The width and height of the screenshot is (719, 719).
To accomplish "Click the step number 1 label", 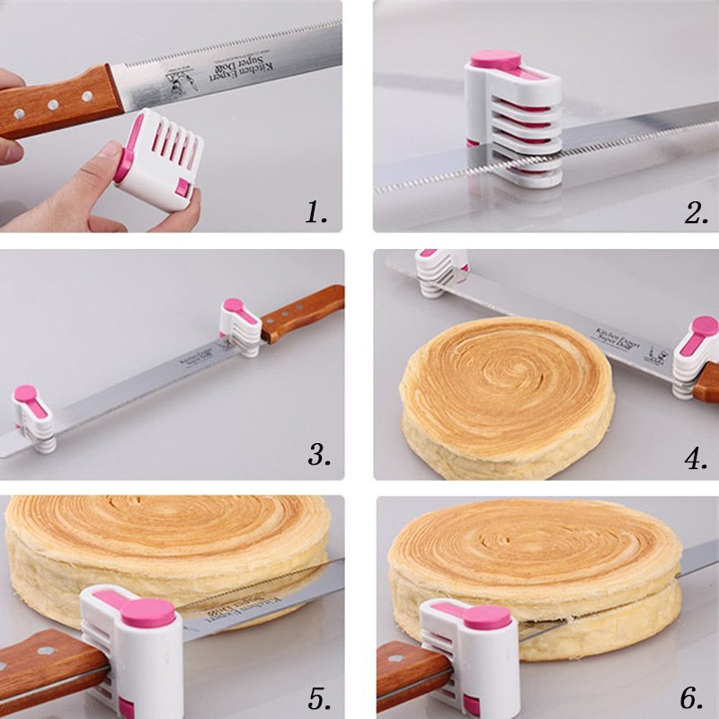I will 315,212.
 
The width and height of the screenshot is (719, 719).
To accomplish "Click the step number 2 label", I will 696,212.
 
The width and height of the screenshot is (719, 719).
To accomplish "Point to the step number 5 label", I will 319,697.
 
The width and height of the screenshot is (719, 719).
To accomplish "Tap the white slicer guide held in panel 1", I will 160,158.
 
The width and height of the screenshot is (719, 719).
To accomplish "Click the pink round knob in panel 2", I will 495,61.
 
